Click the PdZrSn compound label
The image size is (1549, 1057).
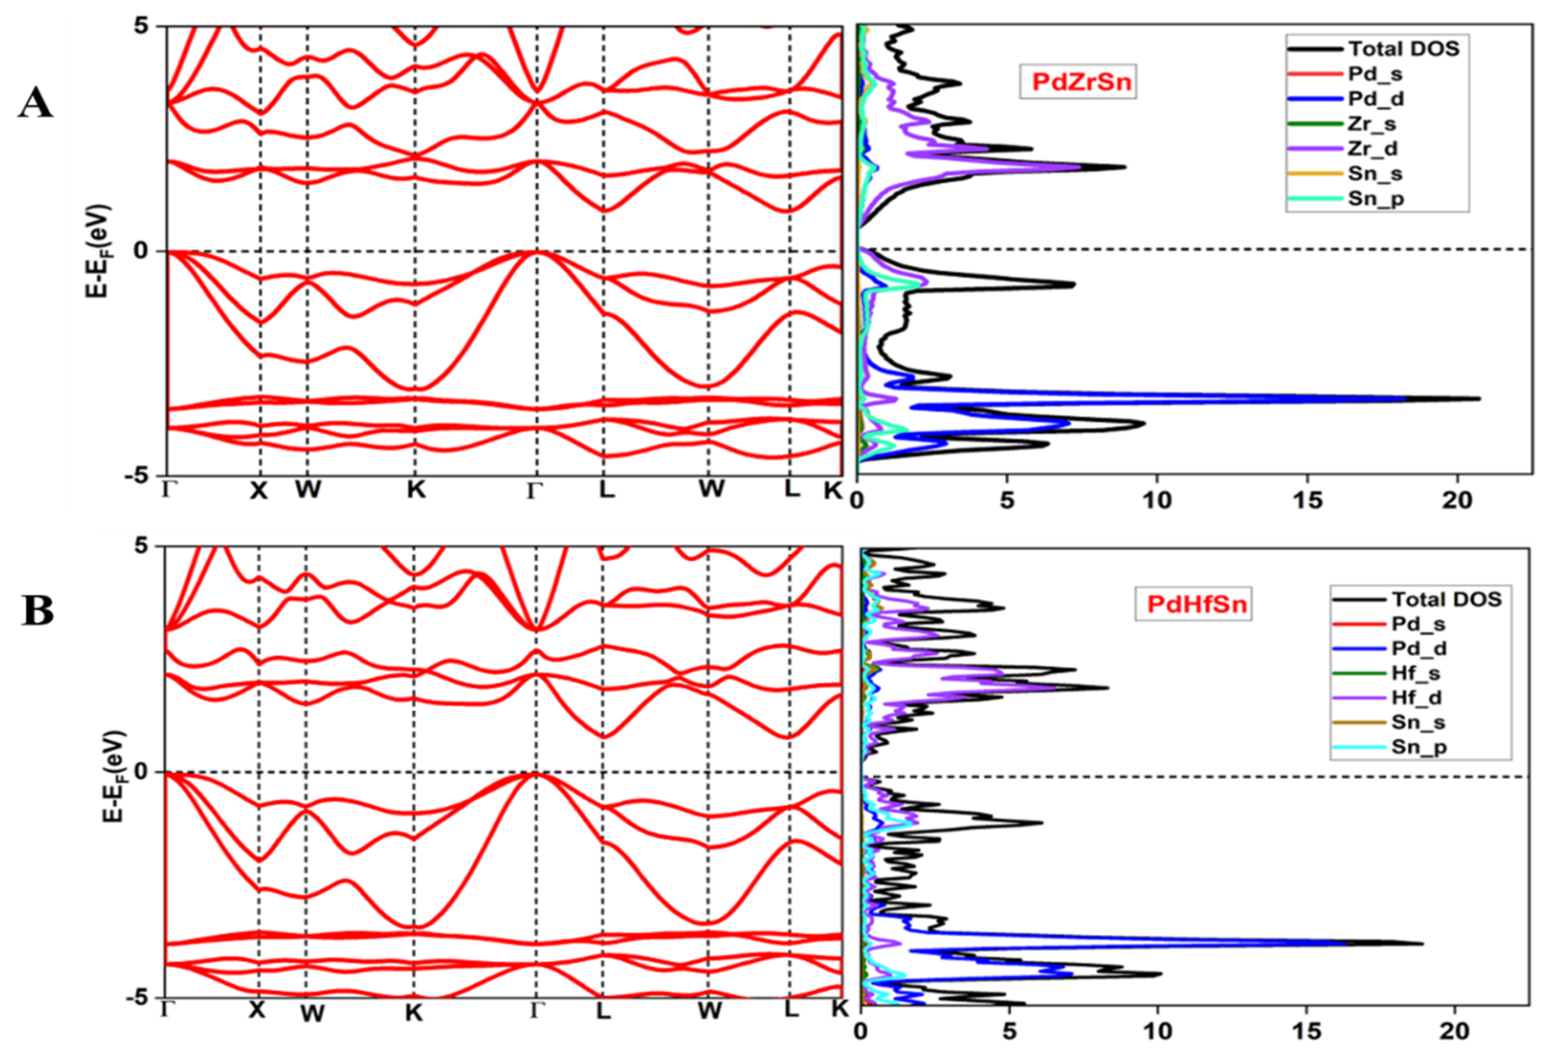click(x=1077, y=81)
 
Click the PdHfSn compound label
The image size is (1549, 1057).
click(x=1193, y=604)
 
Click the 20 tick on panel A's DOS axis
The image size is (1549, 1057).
click(x=1457, y=500)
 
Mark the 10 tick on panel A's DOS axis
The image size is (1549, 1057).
click(x=1157, y=500)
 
